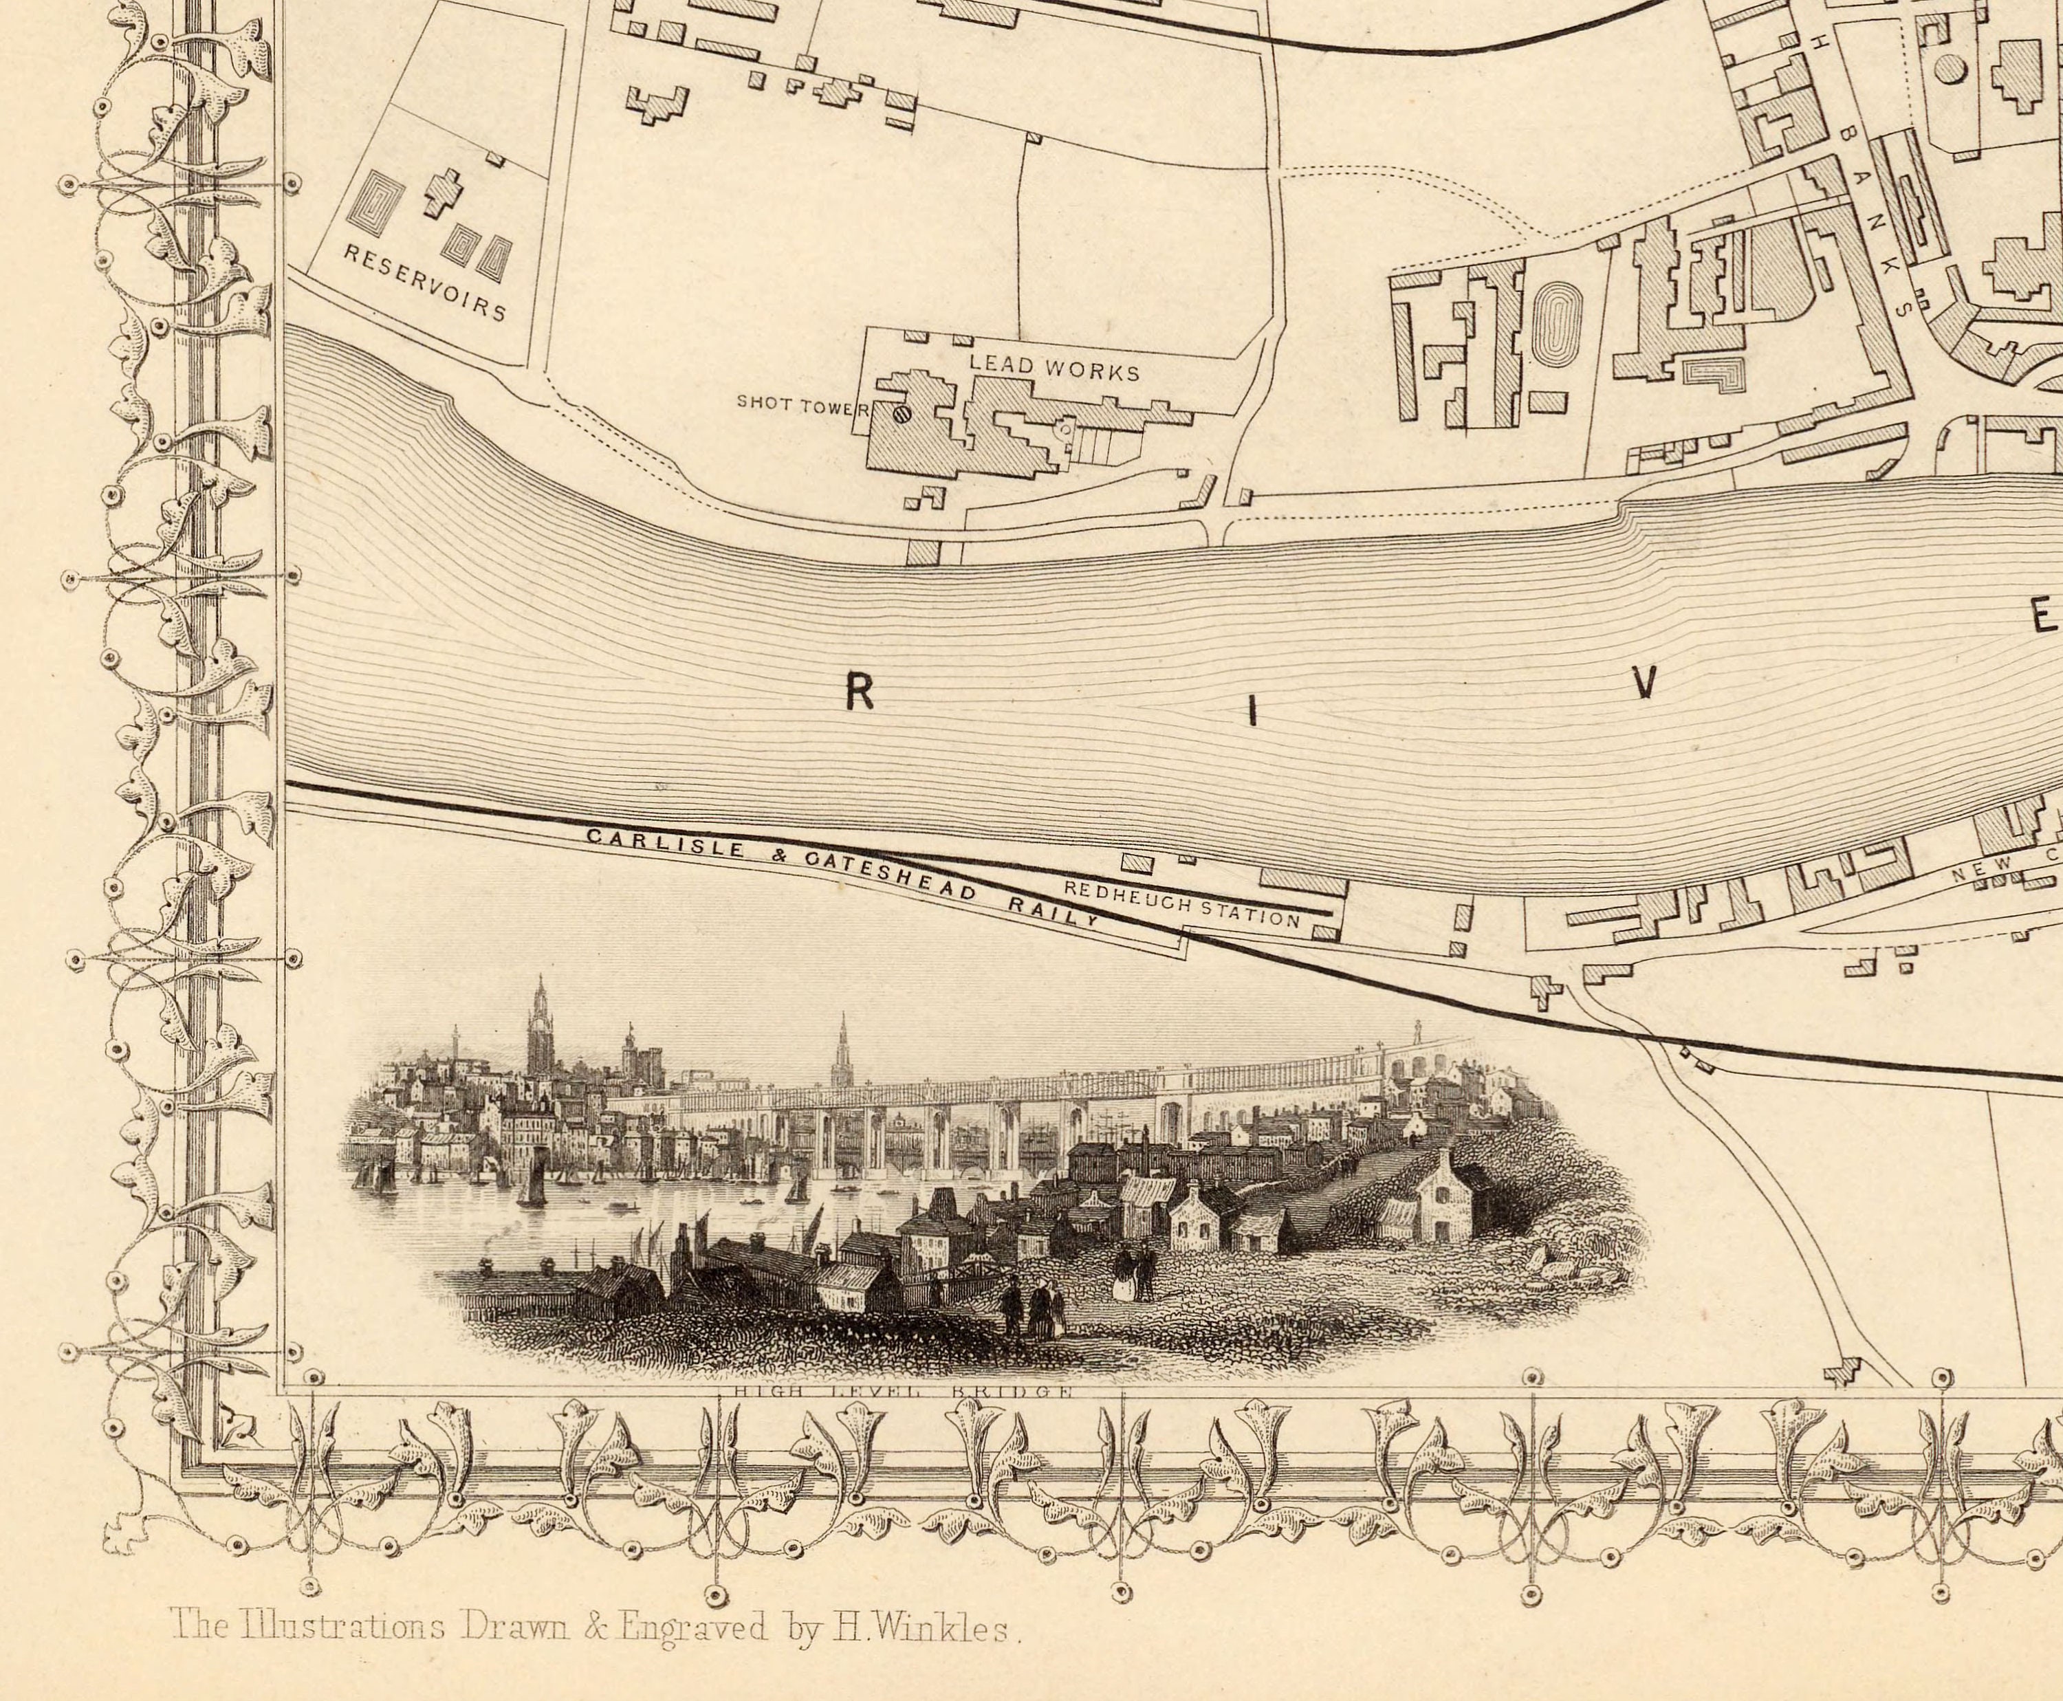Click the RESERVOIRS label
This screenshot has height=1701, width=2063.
(424, 282)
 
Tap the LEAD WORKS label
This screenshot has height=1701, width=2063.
(1054, 369)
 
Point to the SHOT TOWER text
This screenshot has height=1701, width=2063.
(800, 404)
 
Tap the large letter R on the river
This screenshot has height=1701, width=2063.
(860, 694)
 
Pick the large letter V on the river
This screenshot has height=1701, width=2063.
(1646, 682)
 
